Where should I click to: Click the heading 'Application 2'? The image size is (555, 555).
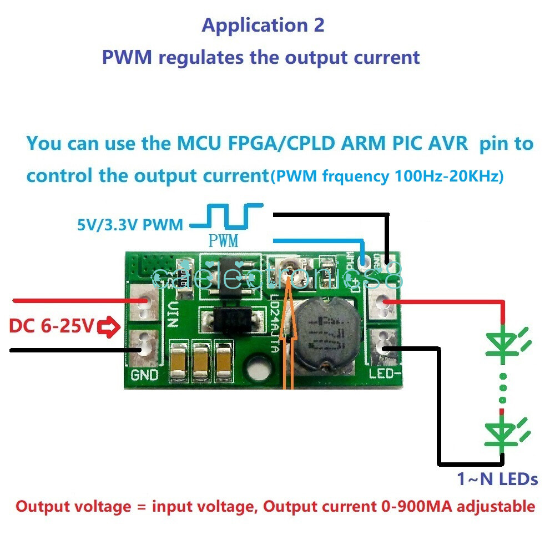(x=263, y=25)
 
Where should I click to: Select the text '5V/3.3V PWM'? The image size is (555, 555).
(x=130, y=225)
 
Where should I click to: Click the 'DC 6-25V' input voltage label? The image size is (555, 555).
(x=51, y=326)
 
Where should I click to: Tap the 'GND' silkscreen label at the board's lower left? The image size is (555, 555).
(x=144, y=375)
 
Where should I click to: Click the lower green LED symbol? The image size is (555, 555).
(x=503, y=431)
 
